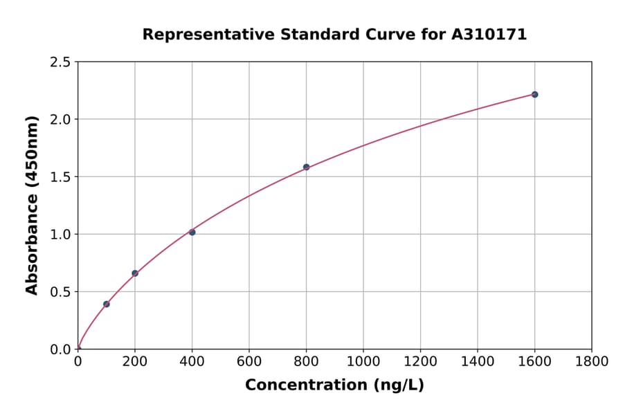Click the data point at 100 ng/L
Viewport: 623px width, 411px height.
(107, 304)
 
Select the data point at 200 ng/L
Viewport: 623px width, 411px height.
(135, 273)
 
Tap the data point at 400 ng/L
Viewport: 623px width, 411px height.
(192, 232)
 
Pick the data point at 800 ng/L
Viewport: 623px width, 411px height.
(306, 167)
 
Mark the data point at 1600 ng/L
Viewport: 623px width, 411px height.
(534, 94)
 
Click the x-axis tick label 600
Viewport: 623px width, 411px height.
(249, 361)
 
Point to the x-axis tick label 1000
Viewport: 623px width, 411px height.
(363, 361)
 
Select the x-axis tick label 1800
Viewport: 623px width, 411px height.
(591, 361)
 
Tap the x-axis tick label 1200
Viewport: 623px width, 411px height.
(420, 361)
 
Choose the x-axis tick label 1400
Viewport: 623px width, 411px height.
(477, 361)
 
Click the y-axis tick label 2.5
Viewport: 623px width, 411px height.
(61, 62)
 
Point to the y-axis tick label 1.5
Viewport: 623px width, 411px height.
(61, 177)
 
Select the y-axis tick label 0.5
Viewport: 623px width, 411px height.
(61, 292)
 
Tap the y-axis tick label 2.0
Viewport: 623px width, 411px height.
(61, 120)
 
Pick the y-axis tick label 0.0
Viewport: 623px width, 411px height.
(61, 349)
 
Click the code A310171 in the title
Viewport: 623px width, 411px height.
(489, 35)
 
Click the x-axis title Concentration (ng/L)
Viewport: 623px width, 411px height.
(334, 385)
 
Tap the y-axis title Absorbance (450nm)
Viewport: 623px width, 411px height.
(32, 205)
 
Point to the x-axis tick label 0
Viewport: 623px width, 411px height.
(78, 361)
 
